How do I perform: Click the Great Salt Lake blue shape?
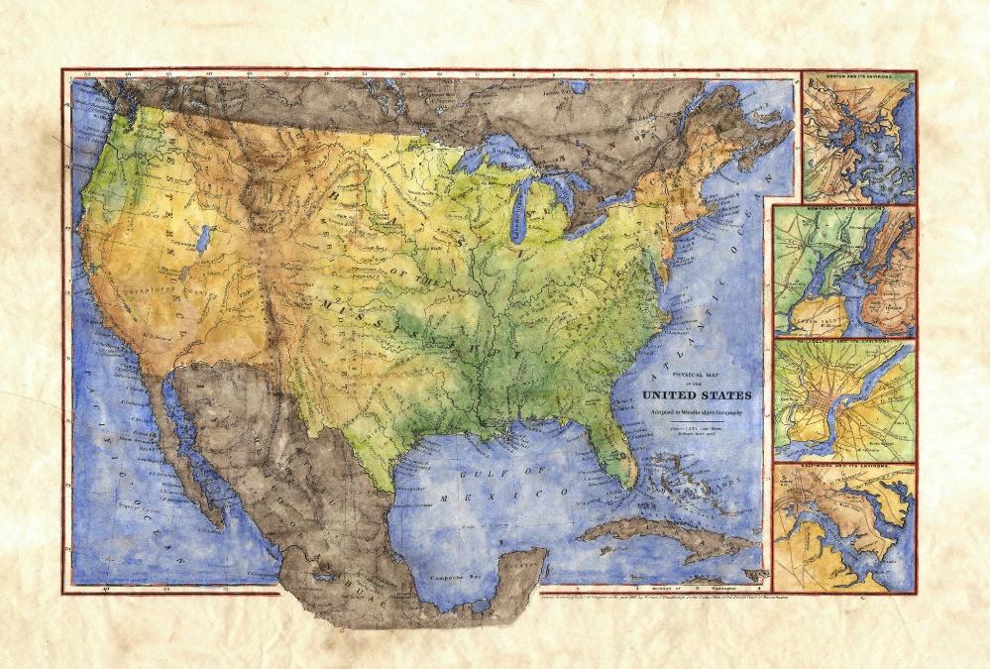click(x=203, y=238)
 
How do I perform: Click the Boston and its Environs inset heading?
click(x=857, y=76)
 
